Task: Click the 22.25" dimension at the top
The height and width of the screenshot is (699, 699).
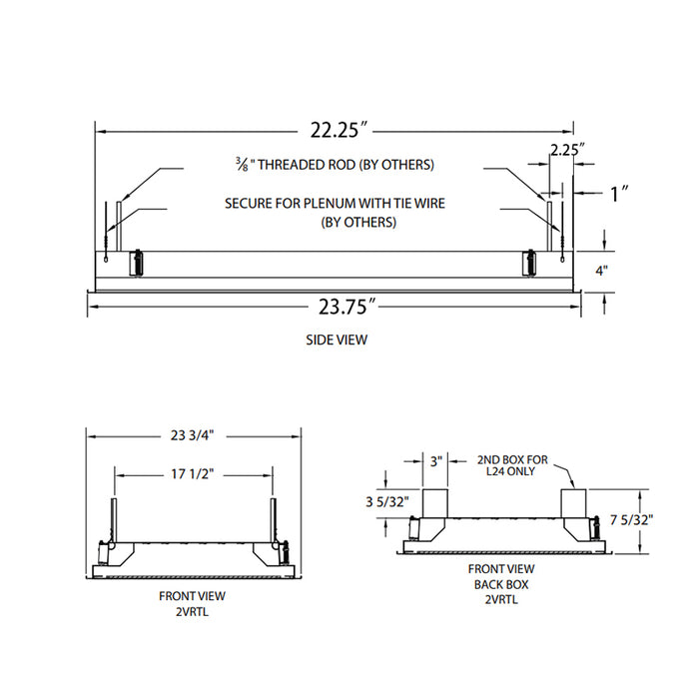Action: [x=336, y=130]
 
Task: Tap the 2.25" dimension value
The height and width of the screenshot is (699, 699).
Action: [x=567, y=150]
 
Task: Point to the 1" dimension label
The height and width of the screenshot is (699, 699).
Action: [x=619, y=195]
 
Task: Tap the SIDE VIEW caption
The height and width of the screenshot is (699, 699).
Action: [x=337, y=340]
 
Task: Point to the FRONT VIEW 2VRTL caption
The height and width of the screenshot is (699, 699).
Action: [x=192, y=602]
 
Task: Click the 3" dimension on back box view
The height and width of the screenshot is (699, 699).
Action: [x=435, y=461]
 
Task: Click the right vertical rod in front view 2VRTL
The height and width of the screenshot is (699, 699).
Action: [x=272, y=520]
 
